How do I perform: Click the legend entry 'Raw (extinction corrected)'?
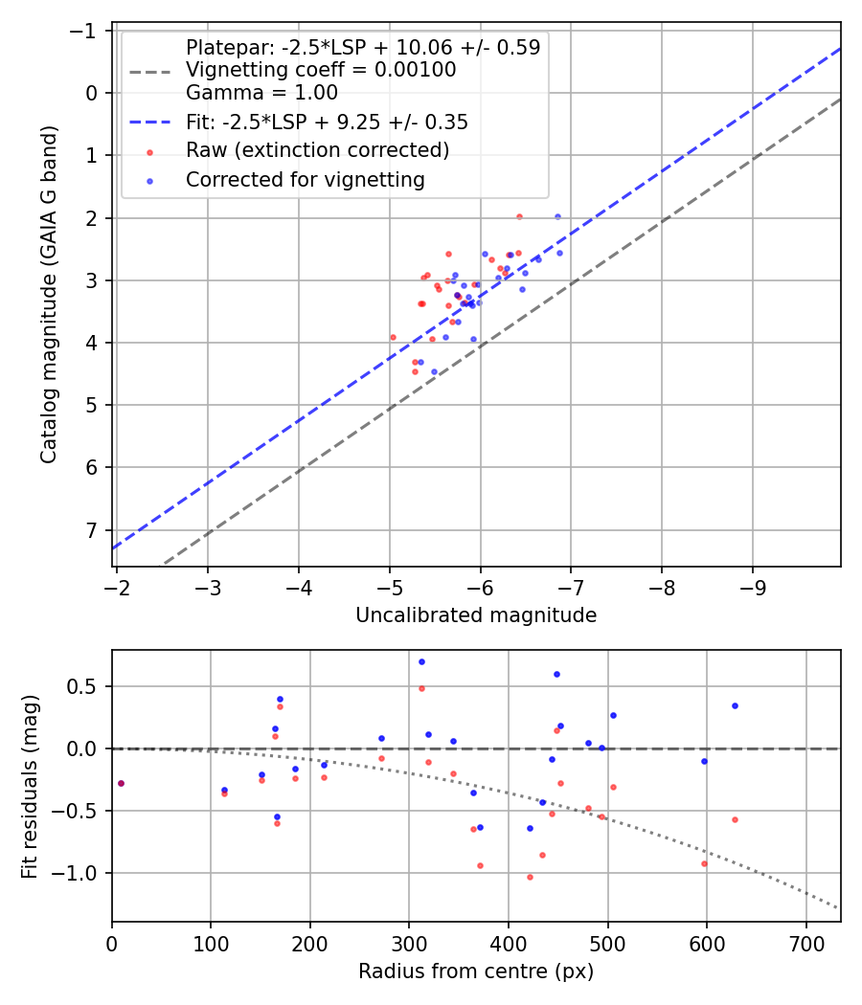[x=317, y=150]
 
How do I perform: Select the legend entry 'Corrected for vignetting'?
[x=305, y=179]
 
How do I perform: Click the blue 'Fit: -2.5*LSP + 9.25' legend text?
[x=327, y=123]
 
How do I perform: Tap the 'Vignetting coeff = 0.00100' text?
[x=321, y=70]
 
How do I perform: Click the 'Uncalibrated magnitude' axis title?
[x=476, y=615]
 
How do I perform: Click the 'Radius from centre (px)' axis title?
[x=476, y=971]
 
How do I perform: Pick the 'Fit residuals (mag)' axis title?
[x=30, y=786]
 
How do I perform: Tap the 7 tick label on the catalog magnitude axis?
[x=93, y=530]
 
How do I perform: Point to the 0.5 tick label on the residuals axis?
[x=87, y=686]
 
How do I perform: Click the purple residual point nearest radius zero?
[x=121, y=783]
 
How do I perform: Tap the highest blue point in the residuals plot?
[x=421, y=661]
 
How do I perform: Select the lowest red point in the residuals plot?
[x=530, y=877]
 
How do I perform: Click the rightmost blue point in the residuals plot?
[x=735, y=705]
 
